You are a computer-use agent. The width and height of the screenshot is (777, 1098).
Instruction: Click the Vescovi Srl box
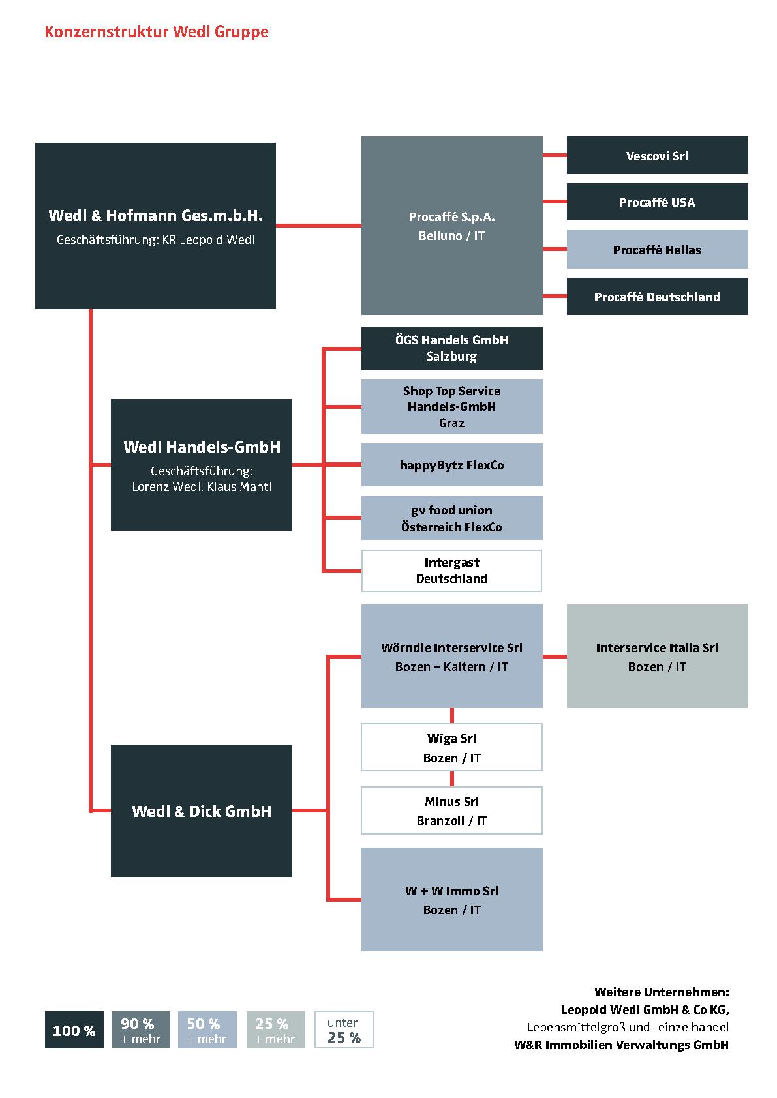pos(657,155)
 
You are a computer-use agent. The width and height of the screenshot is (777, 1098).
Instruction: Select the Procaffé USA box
pos(657,202)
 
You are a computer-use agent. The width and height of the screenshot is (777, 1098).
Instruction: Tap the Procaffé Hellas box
pos(657,249)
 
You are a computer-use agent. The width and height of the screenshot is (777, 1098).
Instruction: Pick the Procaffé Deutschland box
pos(657,297)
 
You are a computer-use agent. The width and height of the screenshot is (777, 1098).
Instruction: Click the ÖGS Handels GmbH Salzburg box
pos(451,348)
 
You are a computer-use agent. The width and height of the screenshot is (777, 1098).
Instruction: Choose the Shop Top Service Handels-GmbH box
pos(451,406)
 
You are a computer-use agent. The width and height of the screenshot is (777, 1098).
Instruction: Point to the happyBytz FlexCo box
pos(451,465)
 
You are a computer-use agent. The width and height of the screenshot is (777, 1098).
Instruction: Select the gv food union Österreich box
pos(451,518)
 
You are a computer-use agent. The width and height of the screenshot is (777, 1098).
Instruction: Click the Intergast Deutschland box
pos(451,571)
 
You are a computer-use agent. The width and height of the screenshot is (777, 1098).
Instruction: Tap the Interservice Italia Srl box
pos(657,656)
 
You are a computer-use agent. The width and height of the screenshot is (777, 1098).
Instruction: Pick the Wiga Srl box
pos(451,747)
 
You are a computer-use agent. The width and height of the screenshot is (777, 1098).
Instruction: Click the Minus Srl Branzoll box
pos(451,810)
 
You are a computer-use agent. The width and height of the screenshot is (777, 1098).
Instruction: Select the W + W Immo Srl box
pos(451,899)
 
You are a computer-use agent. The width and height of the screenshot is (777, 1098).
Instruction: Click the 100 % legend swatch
pos(74,1030)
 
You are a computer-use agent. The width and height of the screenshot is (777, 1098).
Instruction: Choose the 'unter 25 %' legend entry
pos(344,1030)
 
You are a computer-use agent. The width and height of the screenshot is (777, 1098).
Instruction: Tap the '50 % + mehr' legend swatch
pos(207,1030)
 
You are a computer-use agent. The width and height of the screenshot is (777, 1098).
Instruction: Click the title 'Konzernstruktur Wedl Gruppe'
pos(157,32)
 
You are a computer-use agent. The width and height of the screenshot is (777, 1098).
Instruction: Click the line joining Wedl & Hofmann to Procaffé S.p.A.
pos(318,226)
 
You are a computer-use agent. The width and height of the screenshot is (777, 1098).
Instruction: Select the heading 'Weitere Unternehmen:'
pos(662,992)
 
